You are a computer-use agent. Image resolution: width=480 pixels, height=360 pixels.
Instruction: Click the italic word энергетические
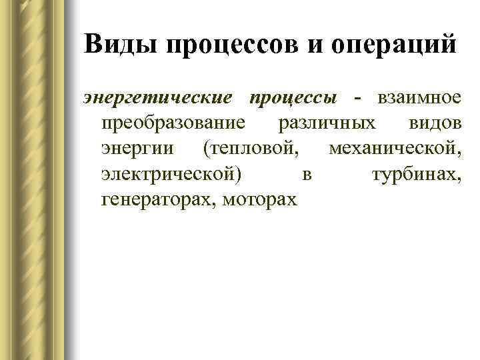(x=158, y=99)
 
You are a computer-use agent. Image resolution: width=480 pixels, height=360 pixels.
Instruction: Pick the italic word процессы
(x=292, y=99)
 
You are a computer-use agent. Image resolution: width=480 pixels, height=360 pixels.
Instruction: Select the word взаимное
(x=419, y=99)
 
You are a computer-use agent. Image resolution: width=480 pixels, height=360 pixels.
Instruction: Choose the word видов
(x=434, y=124)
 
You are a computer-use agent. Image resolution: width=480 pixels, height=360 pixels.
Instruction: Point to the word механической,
(x=394, y=149)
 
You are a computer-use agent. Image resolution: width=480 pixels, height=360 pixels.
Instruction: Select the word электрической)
(x=172, y=174)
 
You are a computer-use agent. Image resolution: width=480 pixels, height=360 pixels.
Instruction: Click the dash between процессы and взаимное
(x=358, y=99)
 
